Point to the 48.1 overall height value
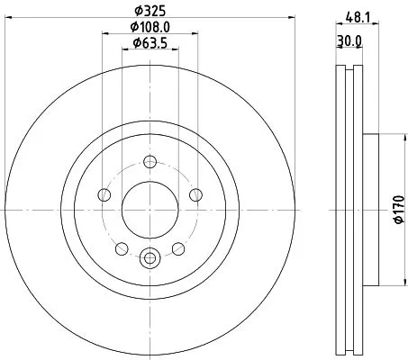(x=357, y=13)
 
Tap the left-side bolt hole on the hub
(x=105, y=196)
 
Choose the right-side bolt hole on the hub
(x=194, y=196)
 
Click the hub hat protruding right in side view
(x=374, y=198)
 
